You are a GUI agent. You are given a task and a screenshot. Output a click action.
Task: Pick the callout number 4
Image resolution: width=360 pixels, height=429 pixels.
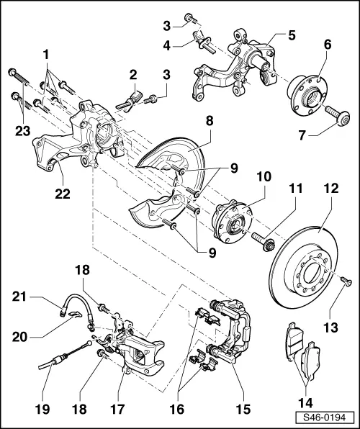pyautogui.click(x=168, y=44)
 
